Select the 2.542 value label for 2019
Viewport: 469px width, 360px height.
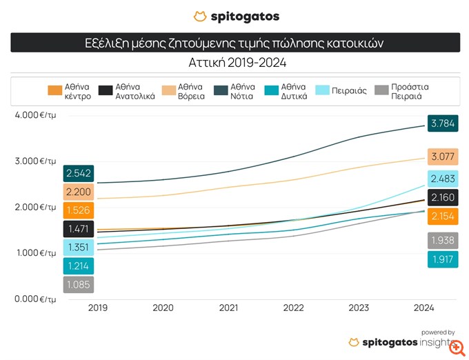[78, 173]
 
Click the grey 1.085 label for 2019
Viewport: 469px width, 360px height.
[78, 284]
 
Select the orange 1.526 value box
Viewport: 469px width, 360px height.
[78, 210]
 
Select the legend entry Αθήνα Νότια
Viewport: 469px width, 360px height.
[241, 91]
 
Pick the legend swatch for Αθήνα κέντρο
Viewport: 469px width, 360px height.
[54, 91]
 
